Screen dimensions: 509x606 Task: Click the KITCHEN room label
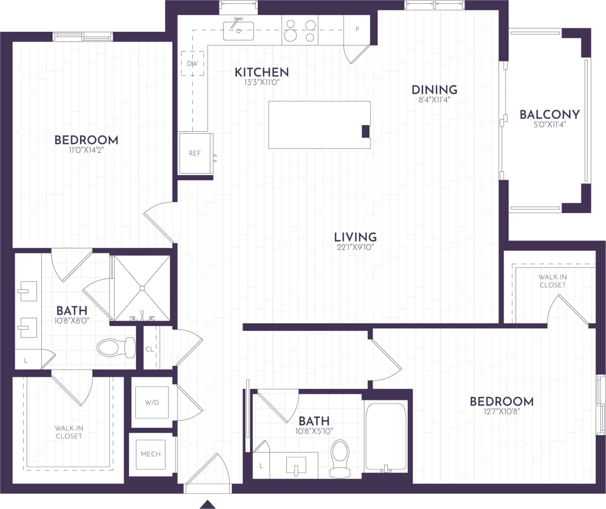point(262,72)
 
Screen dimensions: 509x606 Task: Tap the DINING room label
point(434,90)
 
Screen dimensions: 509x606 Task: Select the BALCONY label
point(549,114)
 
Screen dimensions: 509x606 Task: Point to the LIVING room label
point(355,237)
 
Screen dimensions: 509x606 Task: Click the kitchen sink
point(238,29)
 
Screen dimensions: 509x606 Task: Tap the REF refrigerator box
point(195,153)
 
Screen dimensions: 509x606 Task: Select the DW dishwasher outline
point(192,63)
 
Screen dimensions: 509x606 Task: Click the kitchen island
point(319,125)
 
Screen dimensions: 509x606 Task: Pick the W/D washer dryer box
point(152,403)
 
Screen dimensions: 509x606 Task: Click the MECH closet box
point(151,454)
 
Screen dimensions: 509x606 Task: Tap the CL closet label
point(150,349)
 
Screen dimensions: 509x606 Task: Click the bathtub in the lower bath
point(386,436)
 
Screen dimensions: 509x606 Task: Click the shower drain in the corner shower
point(142,287)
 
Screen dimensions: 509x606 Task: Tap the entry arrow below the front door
point(207,504)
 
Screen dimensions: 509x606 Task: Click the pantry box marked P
point(357,29)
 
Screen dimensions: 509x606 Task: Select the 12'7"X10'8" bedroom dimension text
point(501,411)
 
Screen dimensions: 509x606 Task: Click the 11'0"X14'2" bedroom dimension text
point(86,150)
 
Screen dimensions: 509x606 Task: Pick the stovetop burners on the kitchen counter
point(299,29)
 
